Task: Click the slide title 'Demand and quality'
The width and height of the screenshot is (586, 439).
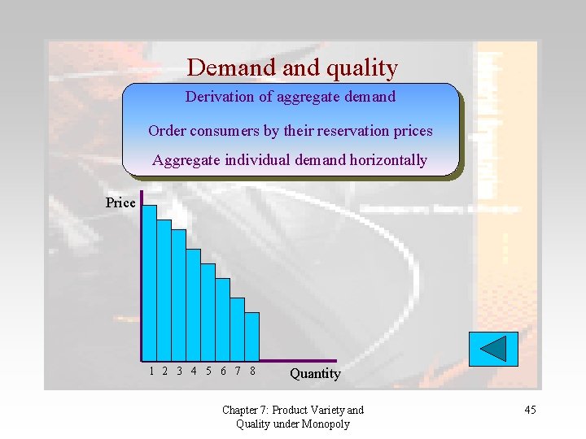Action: coord(292,67)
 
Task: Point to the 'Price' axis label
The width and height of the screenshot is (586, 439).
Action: coord(120,202)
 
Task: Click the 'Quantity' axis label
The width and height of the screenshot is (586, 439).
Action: coord(315,373)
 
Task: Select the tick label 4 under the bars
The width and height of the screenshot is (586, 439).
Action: coord(194,371)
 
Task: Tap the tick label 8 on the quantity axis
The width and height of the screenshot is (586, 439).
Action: coord(252,371)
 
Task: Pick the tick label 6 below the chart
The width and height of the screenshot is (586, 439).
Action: coord(224,371)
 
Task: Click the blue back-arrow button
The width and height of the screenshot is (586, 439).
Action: coord(492,349)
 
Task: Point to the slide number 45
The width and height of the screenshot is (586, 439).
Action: coord(530,410)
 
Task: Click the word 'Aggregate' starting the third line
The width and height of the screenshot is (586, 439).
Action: coord(184,160)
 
